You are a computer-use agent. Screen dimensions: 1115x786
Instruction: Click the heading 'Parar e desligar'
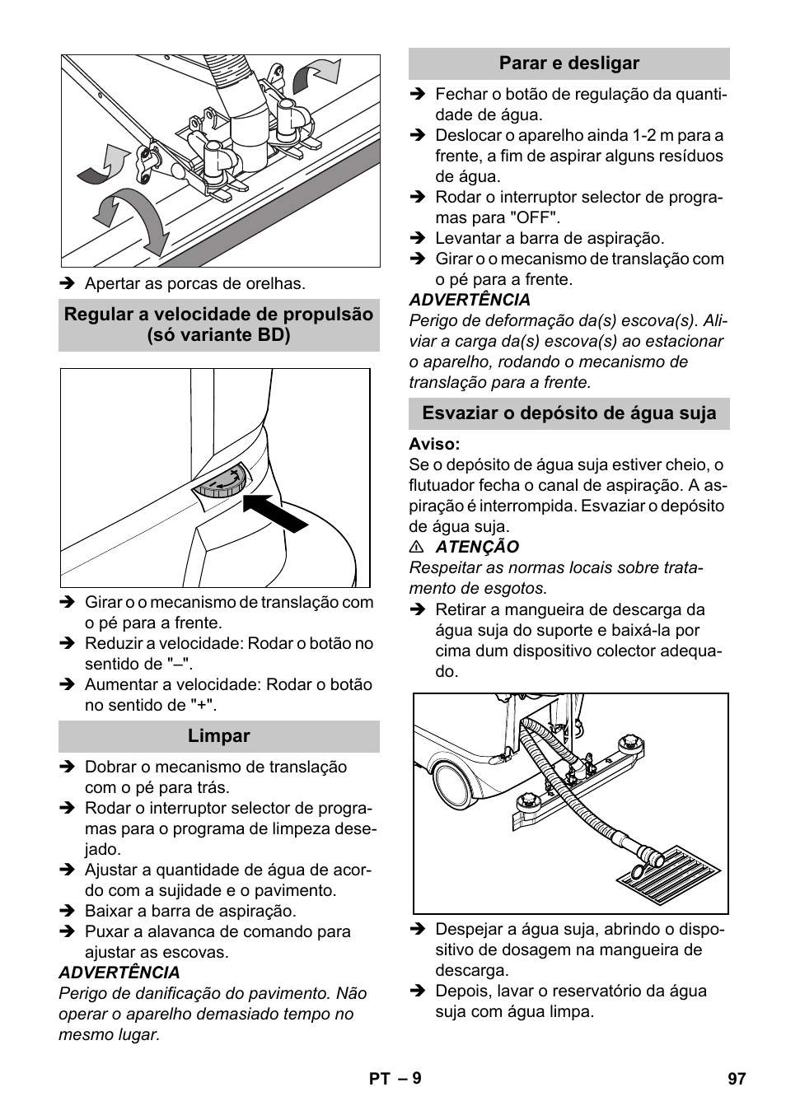pyautogui.click(x=568, y=63)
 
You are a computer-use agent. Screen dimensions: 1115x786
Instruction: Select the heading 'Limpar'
pyautogui.click(x=218, y=736)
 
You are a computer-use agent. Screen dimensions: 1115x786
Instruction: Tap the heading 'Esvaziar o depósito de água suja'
pyautogui.click(x=568, y=413)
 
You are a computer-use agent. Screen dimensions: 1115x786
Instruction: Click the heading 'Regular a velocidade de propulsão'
pyautogui.click(x=218, y=315)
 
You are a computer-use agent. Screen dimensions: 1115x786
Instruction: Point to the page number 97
pyautogui.click(x=736, y=1078)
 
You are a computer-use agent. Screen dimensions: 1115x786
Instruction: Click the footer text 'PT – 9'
pyautogui.click(x=393, y=1078)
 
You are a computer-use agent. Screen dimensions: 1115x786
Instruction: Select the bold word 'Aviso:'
pyautogui.click(x=434, y=445)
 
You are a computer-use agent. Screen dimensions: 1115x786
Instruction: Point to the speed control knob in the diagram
pyautogui.click(x=221, y=483)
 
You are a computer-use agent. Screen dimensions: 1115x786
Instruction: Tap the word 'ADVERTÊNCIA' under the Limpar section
pyautogui.click(x=119, y=973)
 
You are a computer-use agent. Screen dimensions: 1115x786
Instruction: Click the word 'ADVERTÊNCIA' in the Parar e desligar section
pyautogui.click(x=470, y=301)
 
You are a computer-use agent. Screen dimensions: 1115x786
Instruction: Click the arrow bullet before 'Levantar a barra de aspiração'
pyautogui.click(x=417, y=239)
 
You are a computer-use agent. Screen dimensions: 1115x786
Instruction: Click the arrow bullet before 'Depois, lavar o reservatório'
pyautogui.click(x=417, y=991)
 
